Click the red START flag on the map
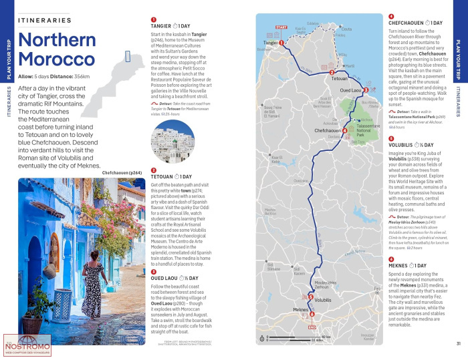281,28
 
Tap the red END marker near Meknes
311,327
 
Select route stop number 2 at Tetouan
332,72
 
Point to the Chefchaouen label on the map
328,131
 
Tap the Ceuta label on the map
346,29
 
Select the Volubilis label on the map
323,300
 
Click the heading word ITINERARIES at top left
45,21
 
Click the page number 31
459,343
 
